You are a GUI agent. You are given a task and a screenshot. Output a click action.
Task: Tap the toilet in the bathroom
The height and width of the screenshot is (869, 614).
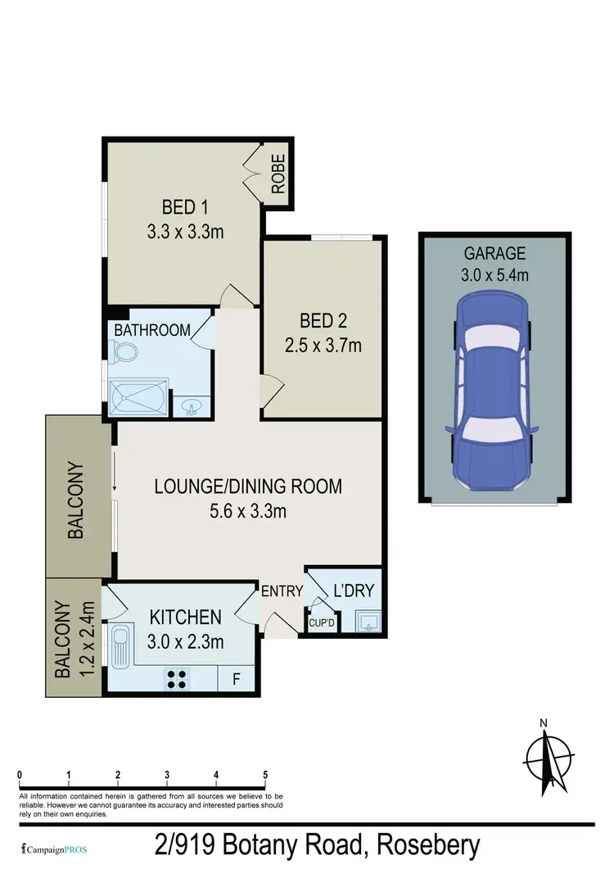click(x=125, y=353)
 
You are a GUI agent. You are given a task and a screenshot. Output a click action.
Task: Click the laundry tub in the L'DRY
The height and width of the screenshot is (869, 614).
click(x=369, y=623)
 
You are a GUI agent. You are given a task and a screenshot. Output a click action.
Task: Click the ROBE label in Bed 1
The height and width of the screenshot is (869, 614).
click(x=278, y=174)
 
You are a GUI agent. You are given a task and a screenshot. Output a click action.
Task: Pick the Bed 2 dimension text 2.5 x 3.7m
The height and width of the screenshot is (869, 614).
click(x=323, y=345)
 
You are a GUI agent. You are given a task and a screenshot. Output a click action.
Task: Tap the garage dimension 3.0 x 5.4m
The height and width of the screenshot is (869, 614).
click(x=494, y=274)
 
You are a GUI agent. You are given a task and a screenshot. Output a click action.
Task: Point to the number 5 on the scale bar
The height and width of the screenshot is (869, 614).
click(x=265, y=774)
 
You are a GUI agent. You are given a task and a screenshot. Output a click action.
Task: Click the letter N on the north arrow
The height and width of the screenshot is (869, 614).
click(x=543, y=722)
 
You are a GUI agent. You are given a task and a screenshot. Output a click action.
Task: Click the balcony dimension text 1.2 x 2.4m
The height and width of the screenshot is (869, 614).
click(x=88, y=639)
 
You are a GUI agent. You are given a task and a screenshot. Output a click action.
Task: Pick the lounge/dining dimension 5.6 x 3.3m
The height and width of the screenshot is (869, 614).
click(x=248, y=513)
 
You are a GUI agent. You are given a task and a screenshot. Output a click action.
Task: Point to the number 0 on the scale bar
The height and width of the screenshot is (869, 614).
click(x=20, y=774)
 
